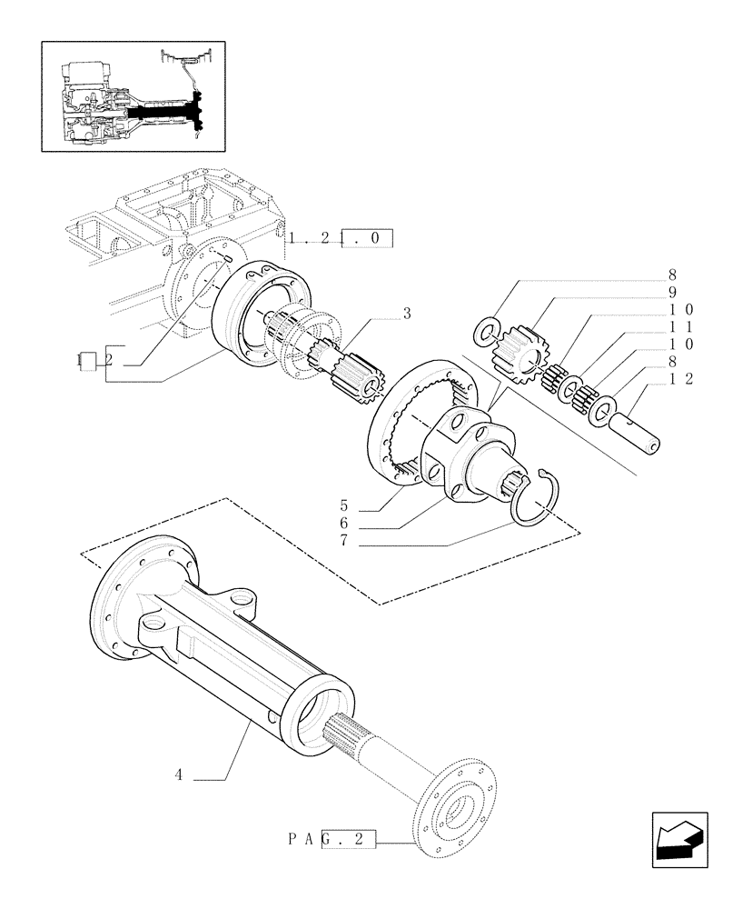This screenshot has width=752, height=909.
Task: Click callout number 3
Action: (407, 314)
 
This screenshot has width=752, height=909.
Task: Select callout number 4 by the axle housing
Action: (180, 775)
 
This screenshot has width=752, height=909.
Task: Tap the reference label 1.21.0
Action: (341, 240)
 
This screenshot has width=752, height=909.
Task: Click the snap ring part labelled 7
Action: (536, 502)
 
